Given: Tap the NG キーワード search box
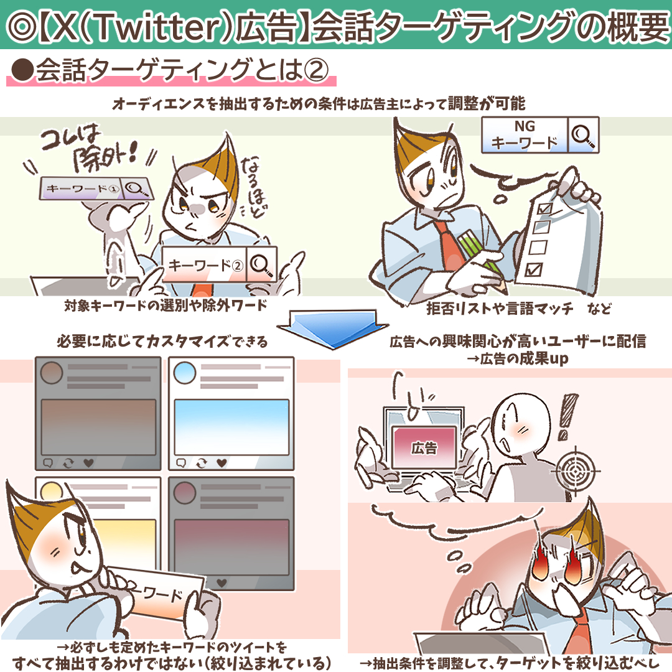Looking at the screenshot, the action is [x=540, y=135].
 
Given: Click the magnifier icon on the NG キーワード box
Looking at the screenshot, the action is [x=583, y=135].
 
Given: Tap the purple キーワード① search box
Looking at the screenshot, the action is [x=95, y=188].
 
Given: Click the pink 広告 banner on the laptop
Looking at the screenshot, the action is [x=424, y=447].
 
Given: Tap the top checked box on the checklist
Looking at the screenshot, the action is [x=544, y=208].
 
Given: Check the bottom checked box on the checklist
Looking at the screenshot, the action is [x=534, y=270].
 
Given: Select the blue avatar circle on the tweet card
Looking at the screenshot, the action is [x=185, y=373].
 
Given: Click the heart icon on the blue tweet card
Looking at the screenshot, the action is [x=222, y=463].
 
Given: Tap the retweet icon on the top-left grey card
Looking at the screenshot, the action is [x=68, y=463].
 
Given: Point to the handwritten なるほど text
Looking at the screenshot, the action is [x=254, y=187].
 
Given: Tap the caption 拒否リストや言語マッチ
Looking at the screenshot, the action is [x=500, y=308].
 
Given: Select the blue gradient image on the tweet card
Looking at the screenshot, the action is [x=231, y=427].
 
